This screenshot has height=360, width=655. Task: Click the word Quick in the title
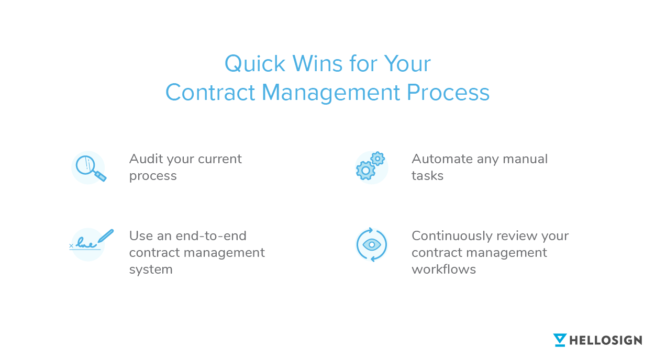tap(254, 64)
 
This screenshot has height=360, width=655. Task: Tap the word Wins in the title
tap(317, 63)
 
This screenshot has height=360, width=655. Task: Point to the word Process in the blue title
tap(448, 92)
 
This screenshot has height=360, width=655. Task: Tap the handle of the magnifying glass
tap(101, 176)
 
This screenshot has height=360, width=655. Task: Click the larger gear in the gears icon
tap(365, 171)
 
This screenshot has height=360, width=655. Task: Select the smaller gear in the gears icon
tap(378, 159)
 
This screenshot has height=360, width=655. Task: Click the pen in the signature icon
tap(106, 236)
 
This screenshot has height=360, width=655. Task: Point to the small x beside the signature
tap(71, 246)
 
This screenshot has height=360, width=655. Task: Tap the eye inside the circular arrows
tap(372, 244)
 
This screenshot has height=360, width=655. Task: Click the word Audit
tap(146, 159)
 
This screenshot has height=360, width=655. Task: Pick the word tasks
tap(428, 176)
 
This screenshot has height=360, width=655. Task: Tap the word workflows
tap(444, 269)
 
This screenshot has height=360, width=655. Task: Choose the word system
tap(151, 269)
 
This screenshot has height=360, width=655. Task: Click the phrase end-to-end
tap(211, 236)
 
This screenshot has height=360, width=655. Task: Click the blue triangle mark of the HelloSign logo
tap(560, 340)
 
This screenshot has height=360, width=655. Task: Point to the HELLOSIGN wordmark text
tap(606, 341)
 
